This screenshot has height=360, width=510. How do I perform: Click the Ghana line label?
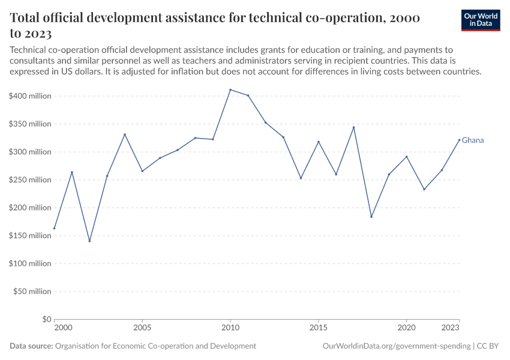click(x=473, y=140)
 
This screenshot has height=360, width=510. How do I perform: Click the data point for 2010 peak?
click(x=230, y=89)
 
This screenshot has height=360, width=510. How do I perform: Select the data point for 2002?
click(x=89, y=241)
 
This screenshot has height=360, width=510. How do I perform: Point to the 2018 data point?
click(x=371, y=217)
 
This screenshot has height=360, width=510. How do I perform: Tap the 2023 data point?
click(x=459, y=140)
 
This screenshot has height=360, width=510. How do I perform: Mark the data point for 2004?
click(x=125, y=134)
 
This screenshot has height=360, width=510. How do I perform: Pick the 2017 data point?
click(x=353, y=127)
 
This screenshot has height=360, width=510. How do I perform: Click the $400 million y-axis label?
click(x=31, y=96)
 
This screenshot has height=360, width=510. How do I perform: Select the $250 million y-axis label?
click(x=31, y=180)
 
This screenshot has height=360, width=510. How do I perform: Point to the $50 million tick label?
click(x=32, y=292)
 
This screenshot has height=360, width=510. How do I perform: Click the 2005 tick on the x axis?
click(x=142, y=328)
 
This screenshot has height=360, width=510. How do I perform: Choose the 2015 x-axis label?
click(x=318, y=328)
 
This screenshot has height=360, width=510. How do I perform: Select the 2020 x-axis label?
click(x=406, y=328)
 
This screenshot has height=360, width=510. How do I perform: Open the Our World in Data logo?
click(x=481, y=20)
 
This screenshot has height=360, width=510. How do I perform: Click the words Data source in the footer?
click(x=31, y=346)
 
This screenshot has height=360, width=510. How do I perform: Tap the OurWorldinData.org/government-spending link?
click(x=396, y=346)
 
